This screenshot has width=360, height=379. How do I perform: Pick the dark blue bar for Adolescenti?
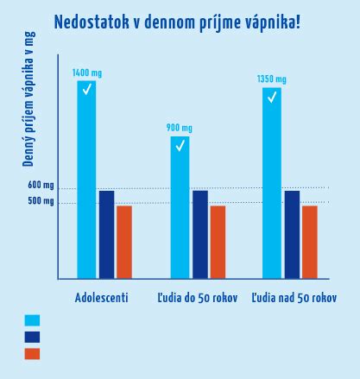pos(106,234)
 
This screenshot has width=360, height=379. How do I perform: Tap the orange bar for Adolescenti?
pos(124,242)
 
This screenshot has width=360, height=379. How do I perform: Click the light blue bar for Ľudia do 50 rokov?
pos(180,207)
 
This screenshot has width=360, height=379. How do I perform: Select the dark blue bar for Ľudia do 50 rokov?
pos(199,234)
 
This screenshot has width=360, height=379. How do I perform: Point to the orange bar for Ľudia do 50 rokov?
pos(218,242)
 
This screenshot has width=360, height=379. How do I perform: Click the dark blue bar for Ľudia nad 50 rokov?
pos(292,234)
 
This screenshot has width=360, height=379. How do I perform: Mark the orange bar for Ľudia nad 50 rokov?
pos(310,242)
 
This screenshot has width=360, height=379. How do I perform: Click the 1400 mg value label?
pos(86,73)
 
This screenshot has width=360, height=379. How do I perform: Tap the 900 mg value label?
pos(180,129)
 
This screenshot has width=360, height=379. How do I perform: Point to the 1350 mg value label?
pos(272,80)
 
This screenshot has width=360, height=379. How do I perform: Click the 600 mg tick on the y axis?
pos(41,186)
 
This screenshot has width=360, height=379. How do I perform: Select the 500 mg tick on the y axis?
pos(41,202)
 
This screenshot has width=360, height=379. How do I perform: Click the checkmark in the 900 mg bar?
pos(180,146)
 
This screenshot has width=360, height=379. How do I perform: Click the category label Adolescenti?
pos(102,298)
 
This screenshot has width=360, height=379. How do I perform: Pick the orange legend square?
pos(32,353)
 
